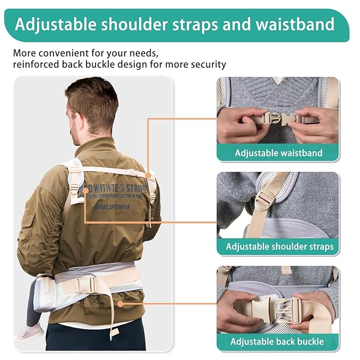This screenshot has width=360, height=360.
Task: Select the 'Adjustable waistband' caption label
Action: [x=278, y=153]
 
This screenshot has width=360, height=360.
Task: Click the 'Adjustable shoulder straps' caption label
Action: [x=279, y=247]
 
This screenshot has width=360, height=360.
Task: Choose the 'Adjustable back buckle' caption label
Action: [x=277, y=341]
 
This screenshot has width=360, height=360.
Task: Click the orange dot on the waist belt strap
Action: [x=121, y=303]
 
